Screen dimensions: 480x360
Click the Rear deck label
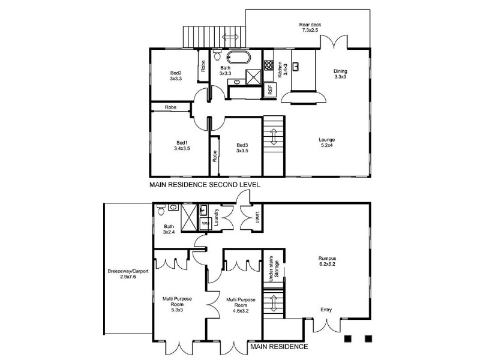pyautogui.click(x=310, y=27)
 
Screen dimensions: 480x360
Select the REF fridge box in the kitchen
pyautogui.click(x=270, y=89)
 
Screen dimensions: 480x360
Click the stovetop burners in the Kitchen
pyautogui.click(x=269, y=65)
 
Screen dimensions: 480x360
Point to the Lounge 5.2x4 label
pyautogui.click(x=326, y=143)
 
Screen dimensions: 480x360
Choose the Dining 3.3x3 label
pyautogui.click(x=340, y=74)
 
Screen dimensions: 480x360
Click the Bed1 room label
pyautogui.click(x=182, y=146)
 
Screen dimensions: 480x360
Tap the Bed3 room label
pyautogui.click(x=242, y=148)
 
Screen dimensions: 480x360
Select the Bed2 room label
pyautogui.click(x=176, y=76)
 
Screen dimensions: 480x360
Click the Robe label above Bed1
pyautogui.click(x=170, y=107)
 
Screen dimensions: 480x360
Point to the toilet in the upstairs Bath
pyautogui.click(x=217, y=55)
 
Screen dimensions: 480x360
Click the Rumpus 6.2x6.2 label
pyautogui.click(x=326, y=261)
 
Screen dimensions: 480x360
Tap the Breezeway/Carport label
pyautogui.click(x=128, y=274)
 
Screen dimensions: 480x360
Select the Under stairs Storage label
pyautogui.click(x=274, y=269)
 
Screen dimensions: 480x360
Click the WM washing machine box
pyautogui.click(x=205, y=223)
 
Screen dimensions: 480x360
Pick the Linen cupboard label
pyautogui.click(x=257, y=217)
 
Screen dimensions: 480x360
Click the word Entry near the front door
pyautogui.click(x=326, y=310)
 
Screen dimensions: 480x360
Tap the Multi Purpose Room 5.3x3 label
pyautogui.click(x=177, y=304)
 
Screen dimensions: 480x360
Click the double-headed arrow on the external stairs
pyautogui.click(x=230, y=37)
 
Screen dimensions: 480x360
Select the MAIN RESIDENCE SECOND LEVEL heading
pyautogui.click(x=205, y=185)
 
